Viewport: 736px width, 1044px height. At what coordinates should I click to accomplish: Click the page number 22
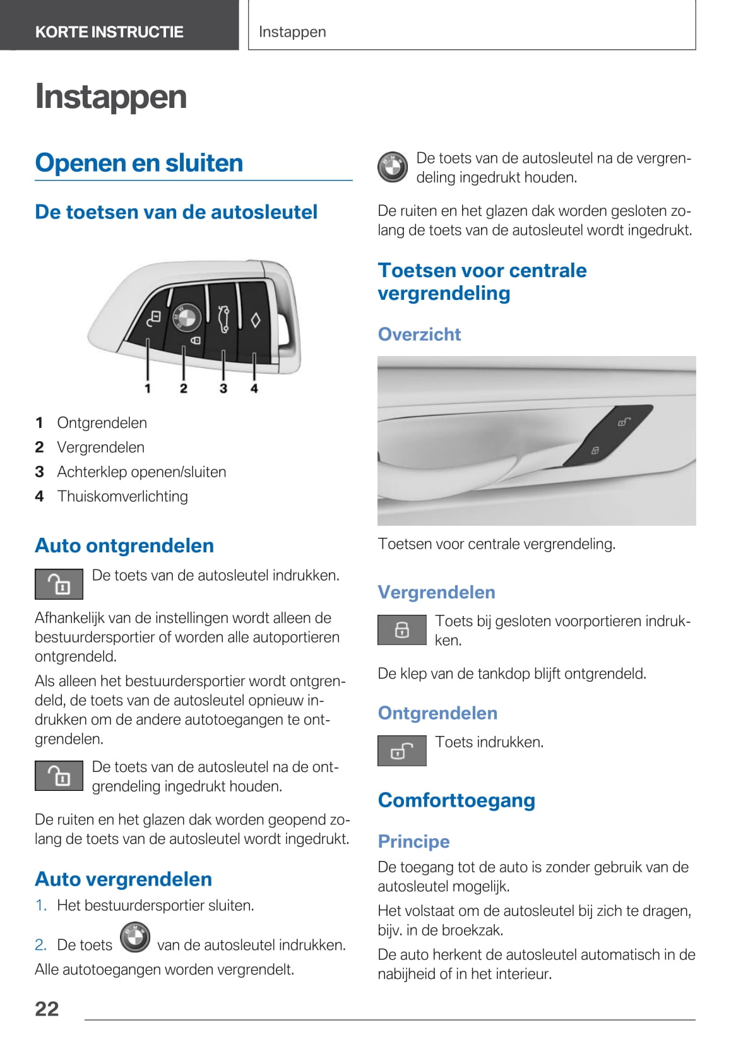[x=47, y=1009]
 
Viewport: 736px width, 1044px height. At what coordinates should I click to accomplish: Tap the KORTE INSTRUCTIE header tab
[x=109, y=32]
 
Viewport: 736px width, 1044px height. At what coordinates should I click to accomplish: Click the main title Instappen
[x=111, y=97]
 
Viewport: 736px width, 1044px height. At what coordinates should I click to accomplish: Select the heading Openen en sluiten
[x=139, y=163]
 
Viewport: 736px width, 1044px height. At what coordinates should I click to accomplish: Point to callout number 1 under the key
[x=148, y=388]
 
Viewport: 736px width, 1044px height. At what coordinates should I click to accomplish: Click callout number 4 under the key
[x=254, y=388]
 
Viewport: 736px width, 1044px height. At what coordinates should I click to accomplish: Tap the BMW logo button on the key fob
[x=184, y=317]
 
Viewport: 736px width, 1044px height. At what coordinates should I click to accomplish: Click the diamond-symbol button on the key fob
[x=255, y=320]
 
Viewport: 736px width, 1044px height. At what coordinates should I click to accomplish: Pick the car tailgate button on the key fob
[x=223, y=317]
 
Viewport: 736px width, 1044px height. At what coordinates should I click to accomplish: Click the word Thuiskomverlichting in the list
[x=122, y=496]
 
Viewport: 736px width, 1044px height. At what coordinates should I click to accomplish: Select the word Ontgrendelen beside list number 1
[x=102, y=423]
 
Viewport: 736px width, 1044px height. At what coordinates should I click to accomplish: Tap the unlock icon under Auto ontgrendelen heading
[x=59, y=584]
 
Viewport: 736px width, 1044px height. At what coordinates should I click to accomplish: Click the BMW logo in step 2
[x=135, y=937]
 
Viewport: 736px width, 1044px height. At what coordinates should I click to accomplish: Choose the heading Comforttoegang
[x=456, y=800]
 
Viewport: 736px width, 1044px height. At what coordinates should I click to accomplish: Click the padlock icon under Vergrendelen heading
[x=401, y=629]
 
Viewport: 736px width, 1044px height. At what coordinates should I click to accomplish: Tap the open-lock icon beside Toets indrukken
[x=401, y=750]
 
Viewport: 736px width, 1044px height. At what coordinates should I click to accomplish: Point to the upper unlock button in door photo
[x=624, y=422]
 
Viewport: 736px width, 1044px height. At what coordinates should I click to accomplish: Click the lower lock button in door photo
[x=595, y=450]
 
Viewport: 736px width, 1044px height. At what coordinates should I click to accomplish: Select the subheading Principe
[x=413, y=841]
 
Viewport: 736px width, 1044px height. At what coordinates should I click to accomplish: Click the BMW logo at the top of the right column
[x=393, y=167]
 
